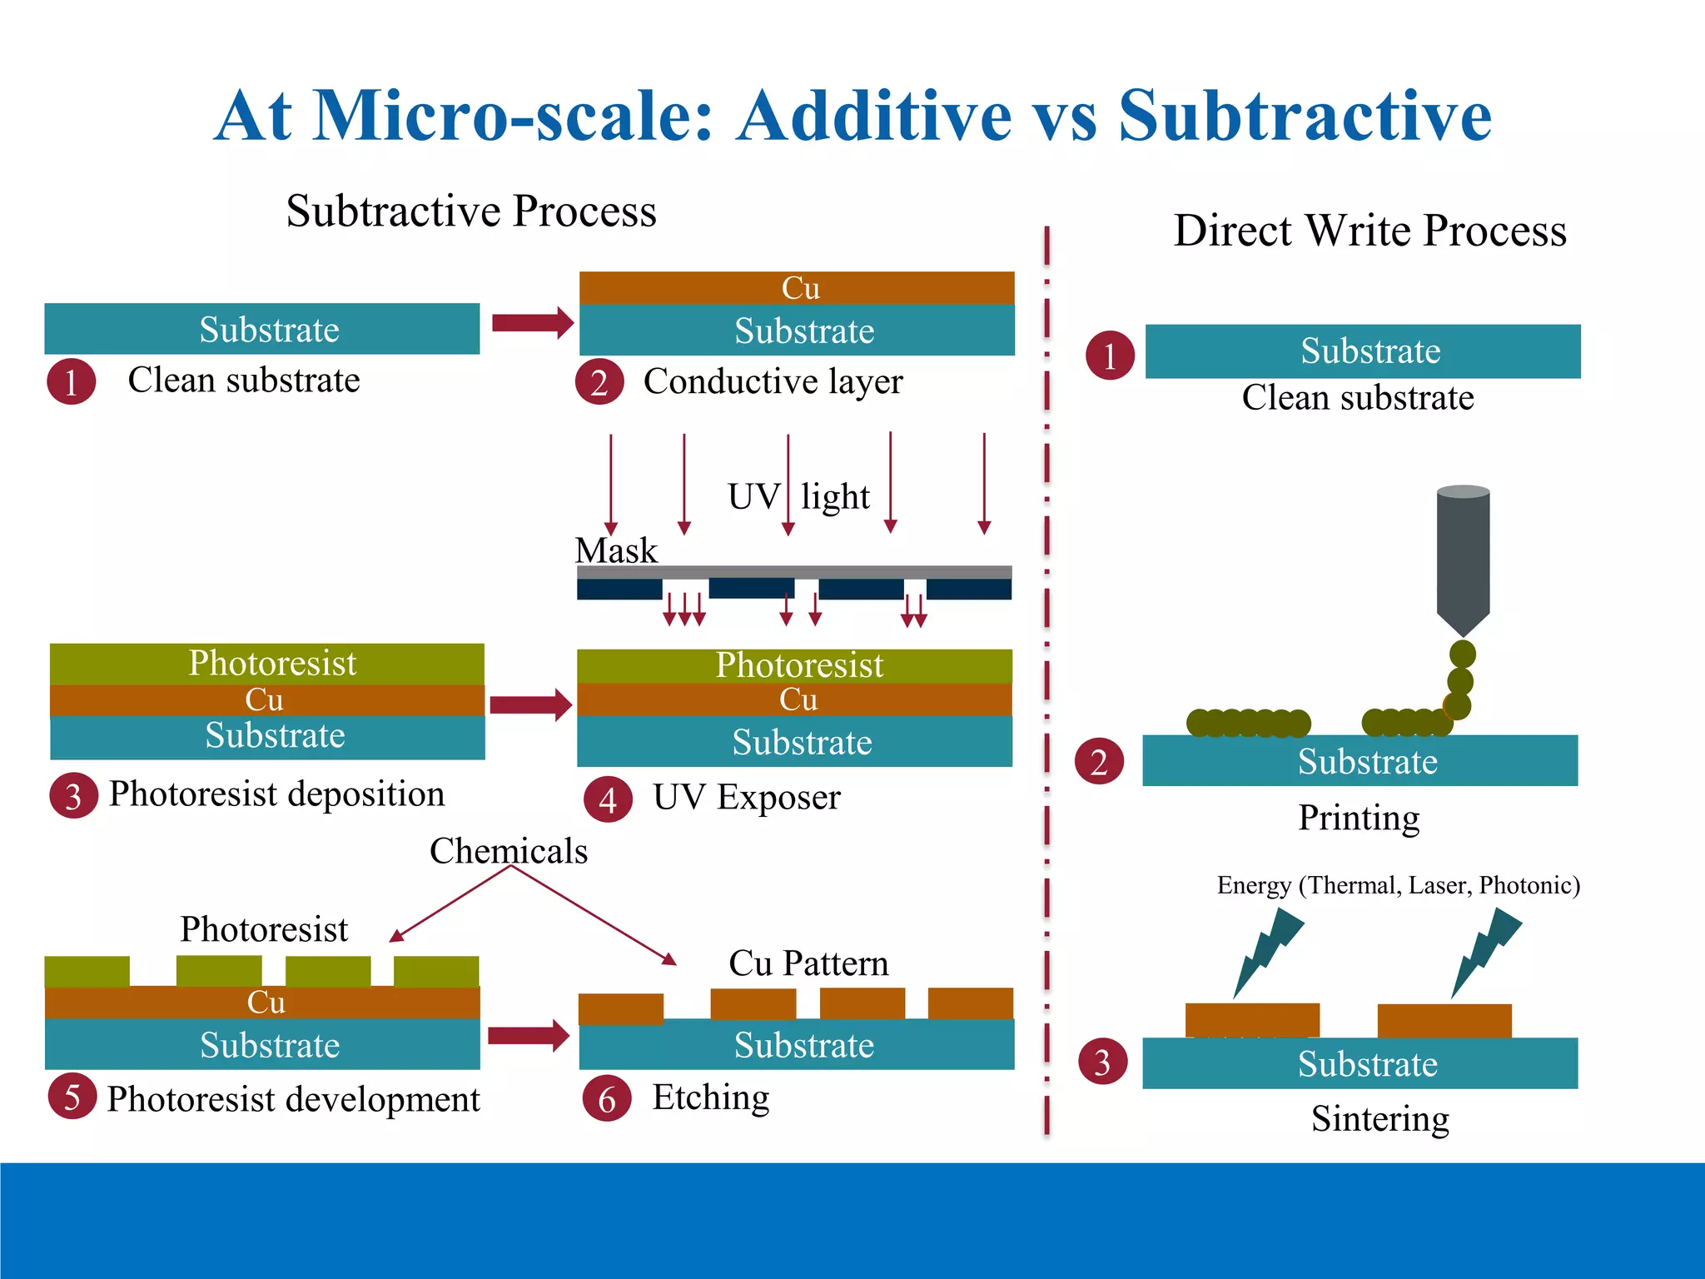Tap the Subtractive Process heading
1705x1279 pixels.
coord(471,211)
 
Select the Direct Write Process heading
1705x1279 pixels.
coord(1369,231)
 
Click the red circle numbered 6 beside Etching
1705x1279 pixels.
coord(607,1099)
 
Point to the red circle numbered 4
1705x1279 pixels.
coord(608,800)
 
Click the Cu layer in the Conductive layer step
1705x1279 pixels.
coord(798,288)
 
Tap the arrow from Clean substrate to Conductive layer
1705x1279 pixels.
coord(532,323)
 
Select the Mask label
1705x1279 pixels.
coord(616,550)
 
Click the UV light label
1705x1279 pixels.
coord(798,496)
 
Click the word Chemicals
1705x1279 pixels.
coord(509,851)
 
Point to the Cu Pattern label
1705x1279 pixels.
coord(808,963)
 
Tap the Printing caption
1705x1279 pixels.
coord(1359,818)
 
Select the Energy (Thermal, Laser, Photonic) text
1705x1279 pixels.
coord(1398,884)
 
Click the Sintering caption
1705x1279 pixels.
coord(1379,1118)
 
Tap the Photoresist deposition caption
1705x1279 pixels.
coord(276,794)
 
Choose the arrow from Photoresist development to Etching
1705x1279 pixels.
coord(528,1036)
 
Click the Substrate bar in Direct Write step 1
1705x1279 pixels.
coord(1363,351)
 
